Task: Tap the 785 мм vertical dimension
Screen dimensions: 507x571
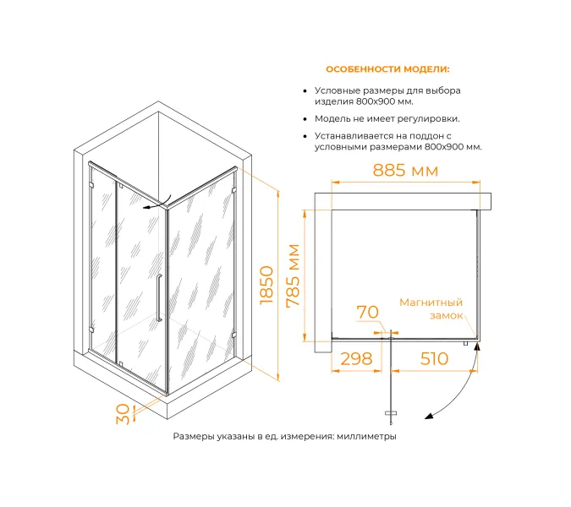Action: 294,276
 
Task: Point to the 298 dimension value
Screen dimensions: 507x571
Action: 356,358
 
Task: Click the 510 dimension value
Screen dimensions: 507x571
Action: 433,358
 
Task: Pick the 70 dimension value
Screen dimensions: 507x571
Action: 367,313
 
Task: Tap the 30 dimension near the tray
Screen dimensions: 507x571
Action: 123,414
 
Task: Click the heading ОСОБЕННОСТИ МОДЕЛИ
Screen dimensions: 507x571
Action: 387,69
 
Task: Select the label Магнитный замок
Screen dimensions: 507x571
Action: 431,308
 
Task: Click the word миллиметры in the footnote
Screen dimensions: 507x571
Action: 365,437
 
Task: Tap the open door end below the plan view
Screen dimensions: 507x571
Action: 391,413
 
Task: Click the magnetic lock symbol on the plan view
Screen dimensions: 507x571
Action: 466,343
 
